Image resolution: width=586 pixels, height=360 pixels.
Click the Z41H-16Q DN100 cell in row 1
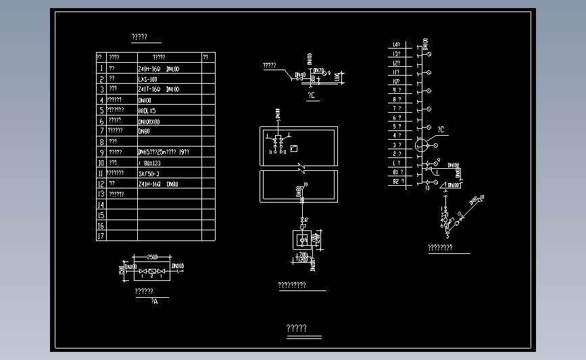(x=159, y=68)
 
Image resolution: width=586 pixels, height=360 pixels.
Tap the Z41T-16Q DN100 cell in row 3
(x=159, y=89)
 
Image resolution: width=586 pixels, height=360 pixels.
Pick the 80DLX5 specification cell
(x=147, y=110)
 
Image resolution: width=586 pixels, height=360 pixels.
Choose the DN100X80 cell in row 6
(x=149, y=121)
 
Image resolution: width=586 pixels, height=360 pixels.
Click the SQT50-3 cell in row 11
(x=149, y=173)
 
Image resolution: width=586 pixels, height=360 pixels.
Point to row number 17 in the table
(x=101, y=236)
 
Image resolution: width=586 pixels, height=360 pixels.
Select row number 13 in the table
(x=101, y=194)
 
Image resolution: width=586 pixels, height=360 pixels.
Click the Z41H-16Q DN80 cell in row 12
(x=158, y=184)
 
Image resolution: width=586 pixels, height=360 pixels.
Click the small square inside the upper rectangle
(x=293, y=149)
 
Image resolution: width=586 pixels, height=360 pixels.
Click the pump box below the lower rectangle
(x=302, y=239)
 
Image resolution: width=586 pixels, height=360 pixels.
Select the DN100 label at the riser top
(x=426, y=45)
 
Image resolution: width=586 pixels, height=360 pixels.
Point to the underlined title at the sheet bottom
(x=297, y=329)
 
